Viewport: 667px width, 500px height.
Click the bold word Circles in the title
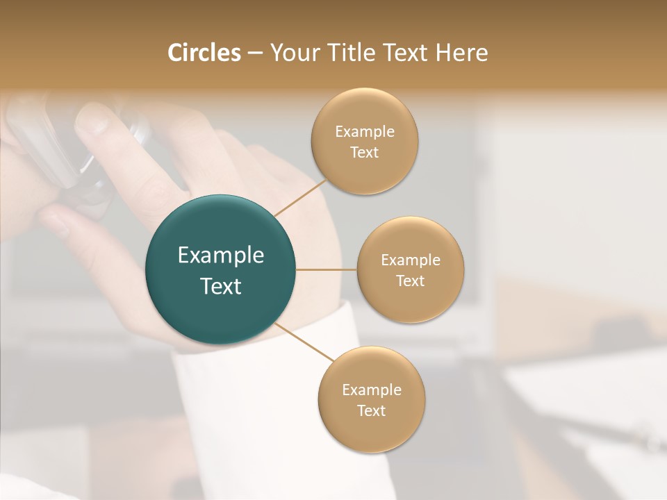point(204,53)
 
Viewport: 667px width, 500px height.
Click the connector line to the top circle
point(300,198)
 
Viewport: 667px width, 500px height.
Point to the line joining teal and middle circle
point(327,269)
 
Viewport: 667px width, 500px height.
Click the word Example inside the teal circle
point(221,256)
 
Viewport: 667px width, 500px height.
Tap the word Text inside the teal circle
point(221,286)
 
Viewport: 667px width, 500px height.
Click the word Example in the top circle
point(365,132)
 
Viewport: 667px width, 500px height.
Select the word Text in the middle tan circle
point(411,281)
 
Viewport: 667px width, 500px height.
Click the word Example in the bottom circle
point(372,390)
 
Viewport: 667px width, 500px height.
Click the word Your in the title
point(291,53)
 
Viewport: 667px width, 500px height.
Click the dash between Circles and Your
point(254,53)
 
